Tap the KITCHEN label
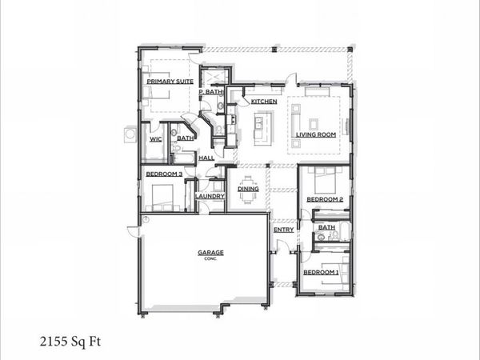264,102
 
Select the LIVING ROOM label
316,134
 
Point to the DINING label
248,189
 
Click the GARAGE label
210,253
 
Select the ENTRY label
284,230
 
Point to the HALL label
206,158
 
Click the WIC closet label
155,138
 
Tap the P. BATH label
211,92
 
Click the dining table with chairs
248,190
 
